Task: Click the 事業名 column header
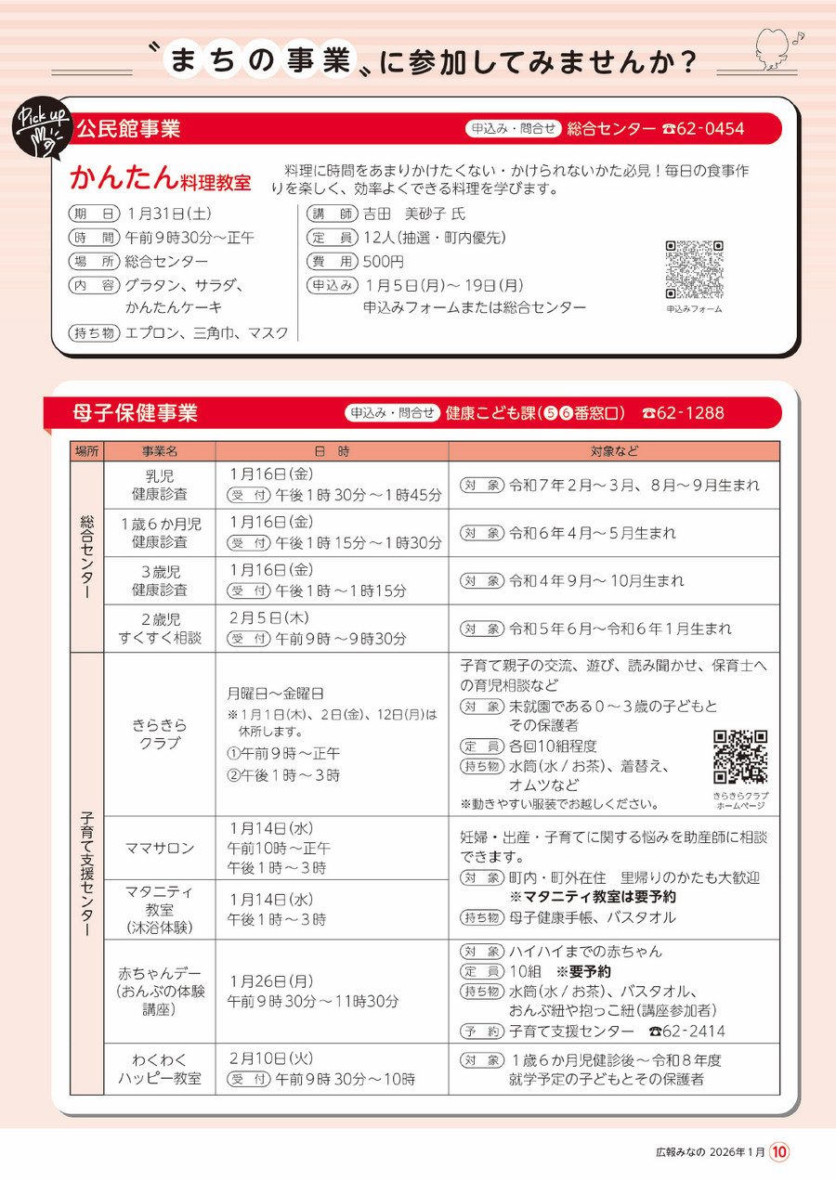pyautogui.click(x=160, y=450)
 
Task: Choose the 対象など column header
pyautogui.click(x=613, y=450)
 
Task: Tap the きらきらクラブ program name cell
pyautogui.click(x=160, y=733)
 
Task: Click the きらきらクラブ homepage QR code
pyautogui.click(x=740, y=757)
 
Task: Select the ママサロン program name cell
pyautogui.click(x=160, y=848)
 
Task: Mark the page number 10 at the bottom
pyautogui.click(x=779, y=1152)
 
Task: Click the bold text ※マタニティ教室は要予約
pyautogui.click(x=593, y=897)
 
